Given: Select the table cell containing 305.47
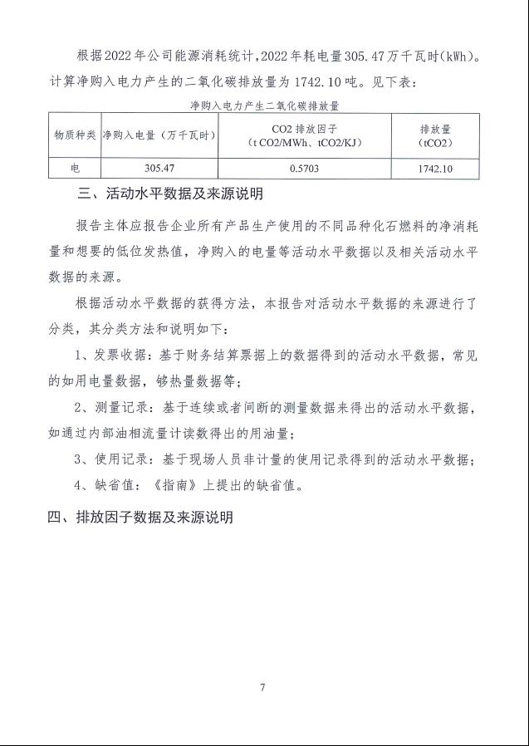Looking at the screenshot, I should pyautogui.click(x=158, y=168).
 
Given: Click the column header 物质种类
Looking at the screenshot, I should pyautogui.click(x=75, y=135).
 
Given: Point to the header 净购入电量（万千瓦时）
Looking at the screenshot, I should pyautogui.click(x=158, y=135).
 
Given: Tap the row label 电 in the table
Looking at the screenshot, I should pyautogui.click(x=75, y=168).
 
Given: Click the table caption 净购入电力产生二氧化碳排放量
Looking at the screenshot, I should pyautogui.click(x=265, y=106).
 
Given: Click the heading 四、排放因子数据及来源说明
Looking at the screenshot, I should pyautogui.click(x=140, y=517).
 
